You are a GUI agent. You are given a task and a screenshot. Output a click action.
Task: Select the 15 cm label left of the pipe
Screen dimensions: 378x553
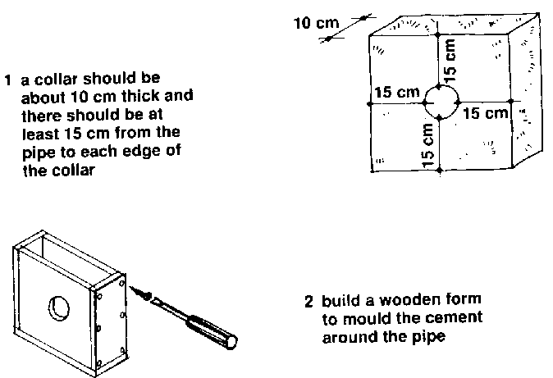pos(396,93)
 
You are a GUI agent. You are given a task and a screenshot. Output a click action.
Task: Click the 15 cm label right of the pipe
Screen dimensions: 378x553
pos(486,114)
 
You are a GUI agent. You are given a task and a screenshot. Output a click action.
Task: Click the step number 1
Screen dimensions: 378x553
pos(7,81)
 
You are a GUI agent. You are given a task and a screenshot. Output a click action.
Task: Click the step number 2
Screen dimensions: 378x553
pos(308,300)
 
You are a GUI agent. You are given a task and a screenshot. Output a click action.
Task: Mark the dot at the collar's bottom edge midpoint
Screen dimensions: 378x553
pos(440,170)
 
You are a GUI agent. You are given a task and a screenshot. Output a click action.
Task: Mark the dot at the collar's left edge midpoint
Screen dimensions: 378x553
pos(368,103)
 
